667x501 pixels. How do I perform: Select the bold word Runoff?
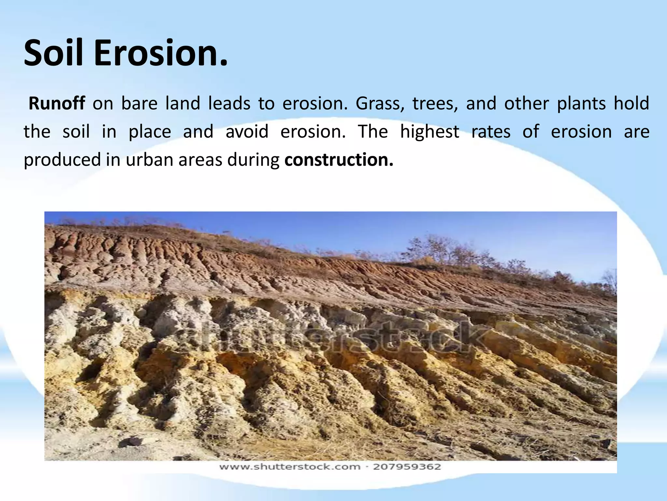(57, 104)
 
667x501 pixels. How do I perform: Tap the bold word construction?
(339, 160)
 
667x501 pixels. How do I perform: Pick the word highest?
(430, 132)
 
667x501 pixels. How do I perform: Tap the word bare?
(139, 104)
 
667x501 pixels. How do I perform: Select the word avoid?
(247, 132)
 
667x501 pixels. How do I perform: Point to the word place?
(150, 132)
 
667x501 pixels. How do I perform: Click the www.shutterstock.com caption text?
(290, 467)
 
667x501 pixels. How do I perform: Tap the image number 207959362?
(407, 467)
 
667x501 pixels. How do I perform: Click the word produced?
(62, 160)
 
